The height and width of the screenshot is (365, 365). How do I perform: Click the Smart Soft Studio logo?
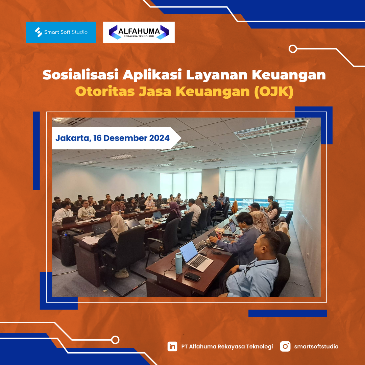click(61, 32)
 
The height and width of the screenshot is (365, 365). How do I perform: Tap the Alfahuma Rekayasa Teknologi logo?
click(139, 32)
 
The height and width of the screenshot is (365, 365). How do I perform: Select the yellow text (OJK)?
click(273, 92)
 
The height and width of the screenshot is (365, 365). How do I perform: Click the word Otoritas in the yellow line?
click(105, 91)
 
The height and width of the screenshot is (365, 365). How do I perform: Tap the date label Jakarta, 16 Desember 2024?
click(113, 138)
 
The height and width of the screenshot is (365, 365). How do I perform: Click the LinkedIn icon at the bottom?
click(172, 346)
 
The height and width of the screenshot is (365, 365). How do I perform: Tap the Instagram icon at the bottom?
click(285, 346)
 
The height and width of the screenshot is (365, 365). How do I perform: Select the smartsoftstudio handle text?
click(316, 346)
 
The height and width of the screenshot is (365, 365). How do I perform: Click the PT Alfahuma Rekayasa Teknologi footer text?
click(227, 347)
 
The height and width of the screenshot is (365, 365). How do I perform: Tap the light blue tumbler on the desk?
click(179, 263)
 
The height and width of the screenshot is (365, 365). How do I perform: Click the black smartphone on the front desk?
click(192, 277)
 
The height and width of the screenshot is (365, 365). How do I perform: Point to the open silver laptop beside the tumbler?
click(195, 256)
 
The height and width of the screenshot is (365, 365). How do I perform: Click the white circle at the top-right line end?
click(293, 49)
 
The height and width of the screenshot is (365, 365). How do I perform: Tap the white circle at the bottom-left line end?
click(115, 340)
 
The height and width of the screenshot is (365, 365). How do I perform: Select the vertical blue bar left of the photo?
click(36, 151)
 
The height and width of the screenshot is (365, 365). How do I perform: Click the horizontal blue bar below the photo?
click(288, 313)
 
